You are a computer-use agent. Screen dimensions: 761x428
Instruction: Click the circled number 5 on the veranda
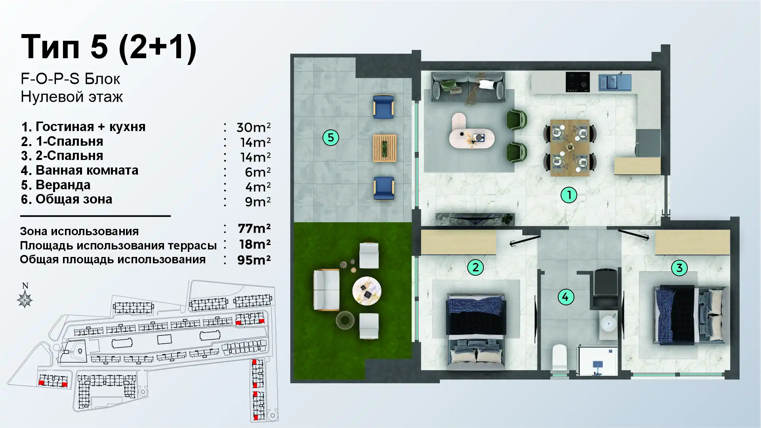coord(331,138)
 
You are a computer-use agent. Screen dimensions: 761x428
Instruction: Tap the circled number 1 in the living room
coord(569,195)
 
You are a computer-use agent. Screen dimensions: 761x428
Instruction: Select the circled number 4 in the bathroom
coord(565,297)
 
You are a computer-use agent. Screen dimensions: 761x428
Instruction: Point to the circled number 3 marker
coord(679,268)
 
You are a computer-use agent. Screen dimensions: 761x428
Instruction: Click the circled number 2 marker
coord(475,267)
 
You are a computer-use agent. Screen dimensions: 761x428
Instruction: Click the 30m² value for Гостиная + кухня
coord(254,127)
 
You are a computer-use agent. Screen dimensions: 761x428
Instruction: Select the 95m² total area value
coord(254,260)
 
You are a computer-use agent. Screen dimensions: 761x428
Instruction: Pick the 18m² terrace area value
coord(255,244)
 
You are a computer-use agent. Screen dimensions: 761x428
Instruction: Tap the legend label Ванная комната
coord(87,170)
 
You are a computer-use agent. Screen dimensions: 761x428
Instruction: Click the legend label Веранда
coord(63,185)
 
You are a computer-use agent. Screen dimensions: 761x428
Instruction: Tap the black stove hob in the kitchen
coord(578,82)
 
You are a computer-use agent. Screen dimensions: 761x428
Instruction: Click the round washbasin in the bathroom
coord(608,322)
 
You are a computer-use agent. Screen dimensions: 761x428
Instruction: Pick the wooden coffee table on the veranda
coord(384,148)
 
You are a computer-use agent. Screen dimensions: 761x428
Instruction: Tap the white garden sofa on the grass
coord(326,290)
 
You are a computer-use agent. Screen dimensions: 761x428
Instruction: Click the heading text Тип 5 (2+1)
coord(109,47)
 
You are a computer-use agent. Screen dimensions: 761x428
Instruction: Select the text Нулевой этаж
coord(72,97)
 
